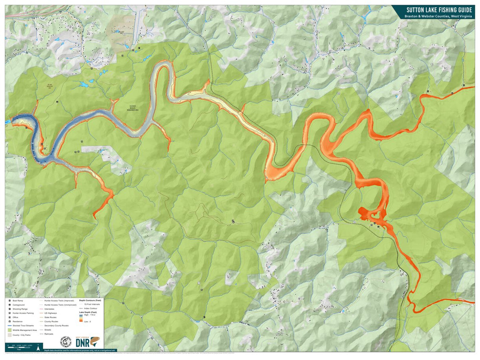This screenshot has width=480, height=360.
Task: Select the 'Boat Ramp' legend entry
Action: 18,300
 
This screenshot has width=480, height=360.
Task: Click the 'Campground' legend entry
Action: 18,305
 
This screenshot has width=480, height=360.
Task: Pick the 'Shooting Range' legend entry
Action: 20,310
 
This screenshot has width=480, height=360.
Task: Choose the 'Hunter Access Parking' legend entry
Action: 23,313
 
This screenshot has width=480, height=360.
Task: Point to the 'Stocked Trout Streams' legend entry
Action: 23,326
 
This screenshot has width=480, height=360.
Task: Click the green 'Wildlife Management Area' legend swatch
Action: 10,330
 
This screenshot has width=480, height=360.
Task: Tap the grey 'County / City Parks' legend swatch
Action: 10,335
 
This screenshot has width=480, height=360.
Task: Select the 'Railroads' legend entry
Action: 49,334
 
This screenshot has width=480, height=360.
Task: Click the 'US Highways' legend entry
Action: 50,313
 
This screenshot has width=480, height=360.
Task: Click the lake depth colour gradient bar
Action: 81,318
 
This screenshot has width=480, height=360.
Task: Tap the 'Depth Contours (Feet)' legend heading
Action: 90,300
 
